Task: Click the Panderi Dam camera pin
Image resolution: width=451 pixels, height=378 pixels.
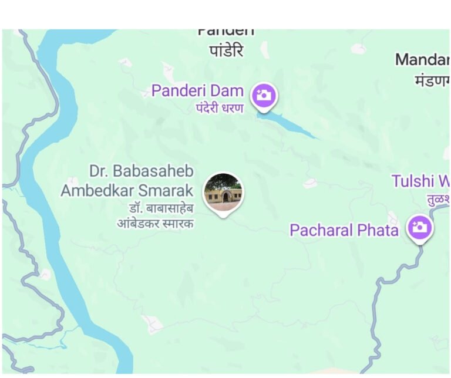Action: (264, 95)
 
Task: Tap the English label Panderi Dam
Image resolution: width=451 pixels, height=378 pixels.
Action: (197, 90)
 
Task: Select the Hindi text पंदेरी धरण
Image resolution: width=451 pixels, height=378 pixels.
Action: (219, 108)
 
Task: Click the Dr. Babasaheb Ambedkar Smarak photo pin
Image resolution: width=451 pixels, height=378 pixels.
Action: (223, 192)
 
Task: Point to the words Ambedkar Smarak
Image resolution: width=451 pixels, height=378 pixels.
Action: (127, 191)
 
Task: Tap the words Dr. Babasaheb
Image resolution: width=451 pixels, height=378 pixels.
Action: (141, 171)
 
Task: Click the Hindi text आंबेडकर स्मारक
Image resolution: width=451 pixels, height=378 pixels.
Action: (156, 223)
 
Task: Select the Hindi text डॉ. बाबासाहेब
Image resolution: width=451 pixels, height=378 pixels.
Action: (161, 208)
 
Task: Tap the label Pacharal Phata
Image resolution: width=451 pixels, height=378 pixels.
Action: (344, 230)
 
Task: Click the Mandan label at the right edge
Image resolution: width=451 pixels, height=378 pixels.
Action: (422, 59)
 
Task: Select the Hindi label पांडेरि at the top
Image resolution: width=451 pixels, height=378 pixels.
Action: (226, 51)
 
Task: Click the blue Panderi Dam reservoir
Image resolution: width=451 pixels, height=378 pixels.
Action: (288, 125)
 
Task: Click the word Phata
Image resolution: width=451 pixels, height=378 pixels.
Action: (377, 230)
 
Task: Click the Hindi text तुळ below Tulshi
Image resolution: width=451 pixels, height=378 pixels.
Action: (437, 198)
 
